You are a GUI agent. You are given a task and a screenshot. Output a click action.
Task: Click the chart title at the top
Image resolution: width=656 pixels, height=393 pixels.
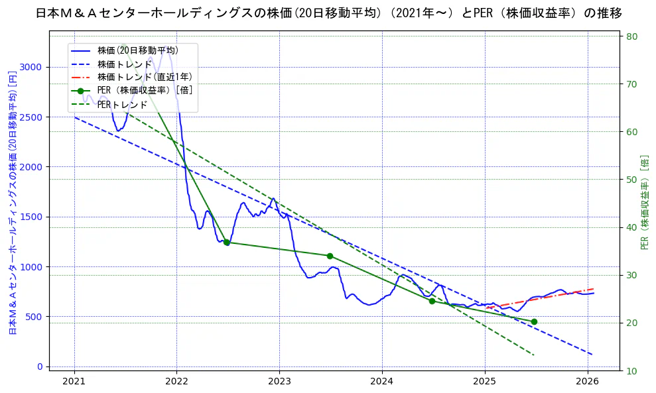click(x=328, y=13)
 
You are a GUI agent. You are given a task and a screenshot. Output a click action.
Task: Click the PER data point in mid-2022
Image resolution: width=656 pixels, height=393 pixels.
click(x=226, y=243)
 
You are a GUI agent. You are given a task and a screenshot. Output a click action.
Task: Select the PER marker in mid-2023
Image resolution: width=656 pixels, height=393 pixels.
click(x=330, y=256)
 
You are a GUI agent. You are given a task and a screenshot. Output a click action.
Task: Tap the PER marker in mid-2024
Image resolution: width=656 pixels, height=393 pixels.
click(x=432, y=301)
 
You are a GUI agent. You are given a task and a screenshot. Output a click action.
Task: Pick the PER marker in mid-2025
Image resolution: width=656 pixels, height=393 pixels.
click(x=534, y=321)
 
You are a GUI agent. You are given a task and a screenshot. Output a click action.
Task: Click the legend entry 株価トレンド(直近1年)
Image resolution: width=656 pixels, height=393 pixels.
click(x=145, y=77)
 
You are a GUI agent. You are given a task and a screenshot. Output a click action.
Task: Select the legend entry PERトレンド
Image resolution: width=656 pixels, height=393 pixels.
click(x=122, y=105)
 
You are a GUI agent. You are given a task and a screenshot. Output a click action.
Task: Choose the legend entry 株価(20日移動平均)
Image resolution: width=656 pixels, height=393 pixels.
click(x=137, y=50)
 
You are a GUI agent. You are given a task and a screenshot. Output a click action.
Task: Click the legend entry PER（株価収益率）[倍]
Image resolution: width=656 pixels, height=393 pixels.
click(x=145, y=91)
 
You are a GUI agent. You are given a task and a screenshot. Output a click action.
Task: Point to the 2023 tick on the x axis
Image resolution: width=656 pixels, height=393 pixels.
click(x=279, y=382)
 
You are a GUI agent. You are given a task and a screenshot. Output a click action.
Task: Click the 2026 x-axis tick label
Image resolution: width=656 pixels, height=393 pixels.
click(x=588, y=382)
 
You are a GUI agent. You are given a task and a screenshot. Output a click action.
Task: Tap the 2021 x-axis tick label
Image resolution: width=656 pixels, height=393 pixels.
click(x=74, y=382)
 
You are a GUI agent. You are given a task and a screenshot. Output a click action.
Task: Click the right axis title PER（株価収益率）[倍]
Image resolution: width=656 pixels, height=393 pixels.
click(x=645, y=202)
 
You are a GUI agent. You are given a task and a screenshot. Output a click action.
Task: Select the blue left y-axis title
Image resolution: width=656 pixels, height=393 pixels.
click(x=12, y=202)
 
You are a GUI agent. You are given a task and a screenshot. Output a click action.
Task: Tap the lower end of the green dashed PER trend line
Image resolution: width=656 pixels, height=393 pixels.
click(x=534, y=355)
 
